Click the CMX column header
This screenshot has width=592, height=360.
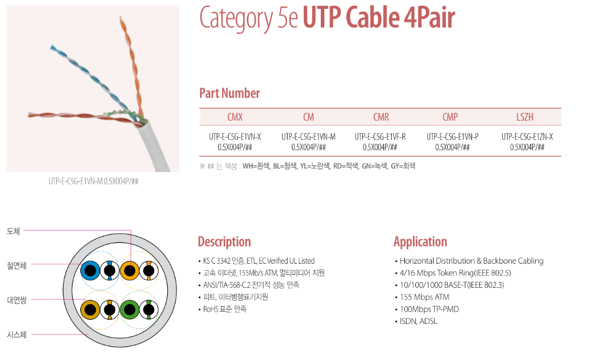pos(235,117)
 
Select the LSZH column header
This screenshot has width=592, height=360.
pos(525,117)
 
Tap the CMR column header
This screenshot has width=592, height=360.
pos(380,117)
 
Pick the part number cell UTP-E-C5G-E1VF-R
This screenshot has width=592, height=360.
pos(380,142)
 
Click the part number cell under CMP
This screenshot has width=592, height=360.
pos(453,142)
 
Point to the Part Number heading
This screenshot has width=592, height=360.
pos(229,93)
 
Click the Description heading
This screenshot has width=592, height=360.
pos(224,242)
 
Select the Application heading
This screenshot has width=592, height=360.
pos(420,242)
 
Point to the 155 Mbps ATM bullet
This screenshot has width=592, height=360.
pos(424,297)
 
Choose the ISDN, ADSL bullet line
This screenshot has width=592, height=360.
pos(418,322)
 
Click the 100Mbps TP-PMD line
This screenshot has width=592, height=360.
pos(429,309)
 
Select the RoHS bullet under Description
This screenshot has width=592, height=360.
pos(225,309)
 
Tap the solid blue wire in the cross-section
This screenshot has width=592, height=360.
pos(90,271)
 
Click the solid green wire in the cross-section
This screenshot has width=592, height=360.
pos(129,309)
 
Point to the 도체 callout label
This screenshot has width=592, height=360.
pos(13,231)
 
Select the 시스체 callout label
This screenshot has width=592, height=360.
pos(17,335)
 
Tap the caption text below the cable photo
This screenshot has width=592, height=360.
pos(93,181)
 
